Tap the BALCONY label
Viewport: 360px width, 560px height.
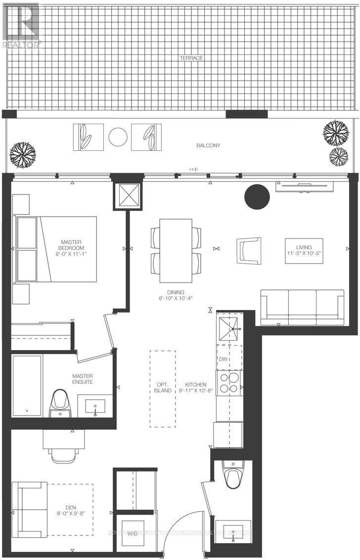[208, 145]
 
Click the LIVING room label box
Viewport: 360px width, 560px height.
[304, 251]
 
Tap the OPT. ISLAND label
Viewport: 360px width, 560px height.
[162, 387]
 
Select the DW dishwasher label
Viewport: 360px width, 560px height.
[223, 359]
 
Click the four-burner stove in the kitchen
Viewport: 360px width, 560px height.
[229, 382]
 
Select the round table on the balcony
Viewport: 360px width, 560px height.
[118, 137]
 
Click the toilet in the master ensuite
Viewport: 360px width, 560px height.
[59, 402]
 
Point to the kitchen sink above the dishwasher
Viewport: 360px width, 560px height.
[229, 328]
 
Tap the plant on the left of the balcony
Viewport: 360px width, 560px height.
[23, 154]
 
